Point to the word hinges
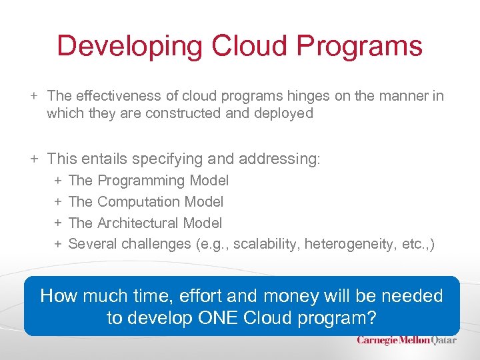[x=309, y=96]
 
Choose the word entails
[x=103, y=159]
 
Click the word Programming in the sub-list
[x=142, y=180]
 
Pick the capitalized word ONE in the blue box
[x=223, y=318]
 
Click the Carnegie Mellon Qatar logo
[x=407, y=340]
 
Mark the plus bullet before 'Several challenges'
[x=58, y=244]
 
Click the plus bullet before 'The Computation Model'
[x=58, y=201]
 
